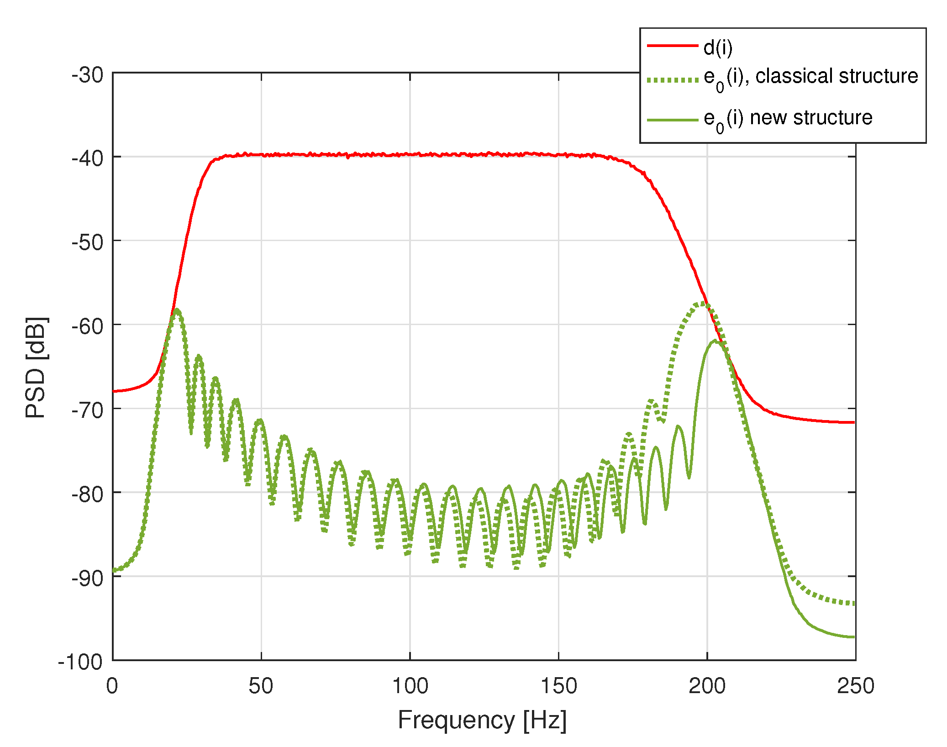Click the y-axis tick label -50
click(x=87, y=242)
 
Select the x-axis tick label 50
click(x=261, y=686)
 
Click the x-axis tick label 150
click(x=558, y=686)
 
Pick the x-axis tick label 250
click(x=855, y=686)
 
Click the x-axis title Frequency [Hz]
click(x=482, y=721)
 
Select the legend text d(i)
click(x=718, y=47)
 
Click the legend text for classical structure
click(x=810, y=77)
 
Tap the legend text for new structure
click(x=788, y=118)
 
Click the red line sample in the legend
click(x=673, y=46)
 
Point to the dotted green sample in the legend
click(x=673, y=80)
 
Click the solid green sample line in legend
click(x=673, y=120)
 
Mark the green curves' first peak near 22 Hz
click(x=177, y=310)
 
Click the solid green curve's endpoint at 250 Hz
click(x=854, y=637)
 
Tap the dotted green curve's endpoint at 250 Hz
click(x=854, y=604)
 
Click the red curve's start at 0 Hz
click(x=114, y=391)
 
